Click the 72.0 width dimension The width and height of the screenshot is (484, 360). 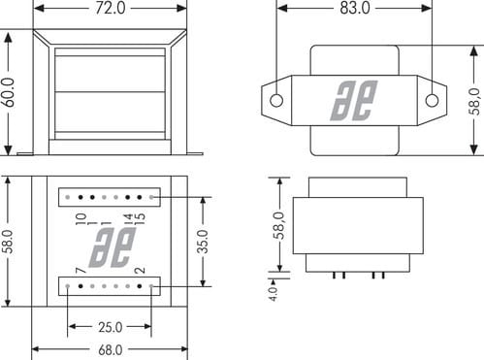(x=110, y=8)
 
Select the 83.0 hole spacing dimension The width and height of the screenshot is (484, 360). (x=355, y=8)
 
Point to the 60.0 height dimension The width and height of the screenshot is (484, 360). (x=9, y=92)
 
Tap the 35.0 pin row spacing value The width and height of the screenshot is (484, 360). (x=204, y=242)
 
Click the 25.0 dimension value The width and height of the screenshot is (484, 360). (x=111, y=327)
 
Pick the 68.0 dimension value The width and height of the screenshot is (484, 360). (x=111, y=350)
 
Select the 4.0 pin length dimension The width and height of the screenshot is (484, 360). (x=274, y=294)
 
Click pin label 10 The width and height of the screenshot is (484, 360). (x=81, y=219)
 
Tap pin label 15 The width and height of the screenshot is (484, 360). (x=140, y=220)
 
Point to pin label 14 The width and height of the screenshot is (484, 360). (x=129, y=216)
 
